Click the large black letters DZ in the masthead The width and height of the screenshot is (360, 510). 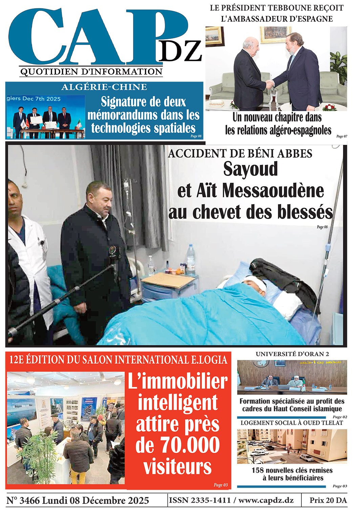pyautogui.click(x=180, y=51)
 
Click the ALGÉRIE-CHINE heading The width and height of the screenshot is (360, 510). pyautogui.click(x=104, y=87)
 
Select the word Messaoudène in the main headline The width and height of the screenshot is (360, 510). pyautogui.click(x=273, y=191)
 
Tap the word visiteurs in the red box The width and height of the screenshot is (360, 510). pyautogui.click(x=177, y=466)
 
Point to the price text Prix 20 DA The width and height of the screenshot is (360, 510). pyautogui.click(x=328, y=500)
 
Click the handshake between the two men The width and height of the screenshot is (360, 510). pyautogui.click(x=270, y=84)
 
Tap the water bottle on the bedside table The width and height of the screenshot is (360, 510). pyautogui.click(x=191, y=259)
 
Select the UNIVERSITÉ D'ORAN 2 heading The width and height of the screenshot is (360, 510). pyautogui.click(x=292, y=354)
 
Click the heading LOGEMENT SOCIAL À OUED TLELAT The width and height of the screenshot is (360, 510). pyautogui.click(x=292, y=423)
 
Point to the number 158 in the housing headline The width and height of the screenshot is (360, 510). pyautogui.click(x=258, y=470)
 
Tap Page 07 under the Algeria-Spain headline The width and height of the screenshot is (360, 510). pyautogui.click(x=341, y=136)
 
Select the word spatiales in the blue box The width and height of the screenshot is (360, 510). pyautogui.click(x=172, y=128)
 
